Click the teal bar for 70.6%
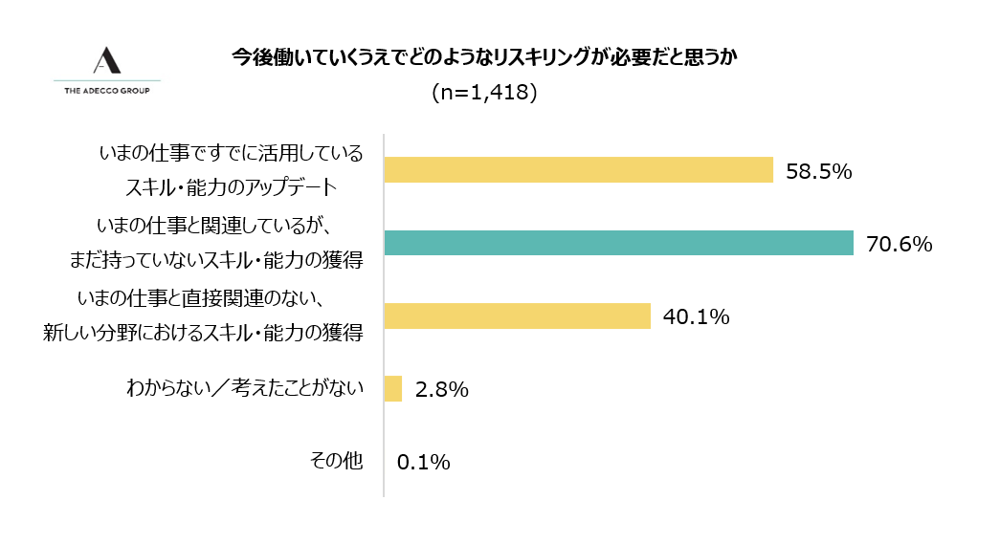(618, 243)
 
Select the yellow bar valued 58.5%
(578, 169)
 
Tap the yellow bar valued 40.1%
(517, 316)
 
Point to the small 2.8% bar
(392, 388)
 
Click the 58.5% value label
(818, 171)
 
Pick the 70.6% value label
(899, 244)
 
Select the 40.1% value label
(696, 316)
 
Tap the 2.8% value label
(441, 389)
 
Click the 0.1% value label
(423, 463)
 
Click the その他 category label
(337, 461)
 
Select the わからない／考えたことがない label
(245, 388)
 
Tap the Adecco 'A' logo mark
(107, 60)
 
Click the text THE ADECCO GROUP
(107, 91)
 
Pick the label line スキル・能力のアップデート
(244, 185)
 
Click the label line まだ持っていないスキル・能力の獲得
(216, 259)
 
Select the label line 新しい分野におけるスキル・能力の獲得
(203, 333)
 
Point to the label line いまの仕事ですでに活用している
(232, 153)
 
